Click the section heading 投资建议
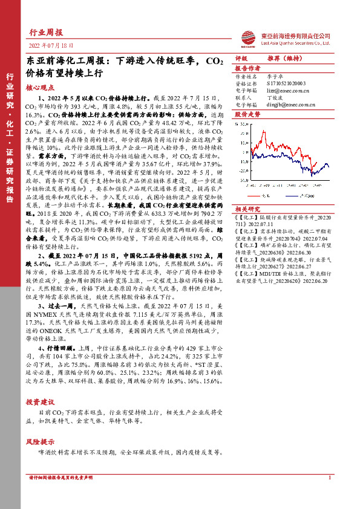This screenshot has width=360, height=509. coord(40,401)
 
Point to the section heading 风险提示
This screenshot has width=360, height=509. coord(40,441)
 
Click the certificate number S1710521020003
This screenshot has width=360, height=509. coord(287,84)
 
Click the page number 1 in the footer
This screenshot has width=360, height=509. coord(330,494)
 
